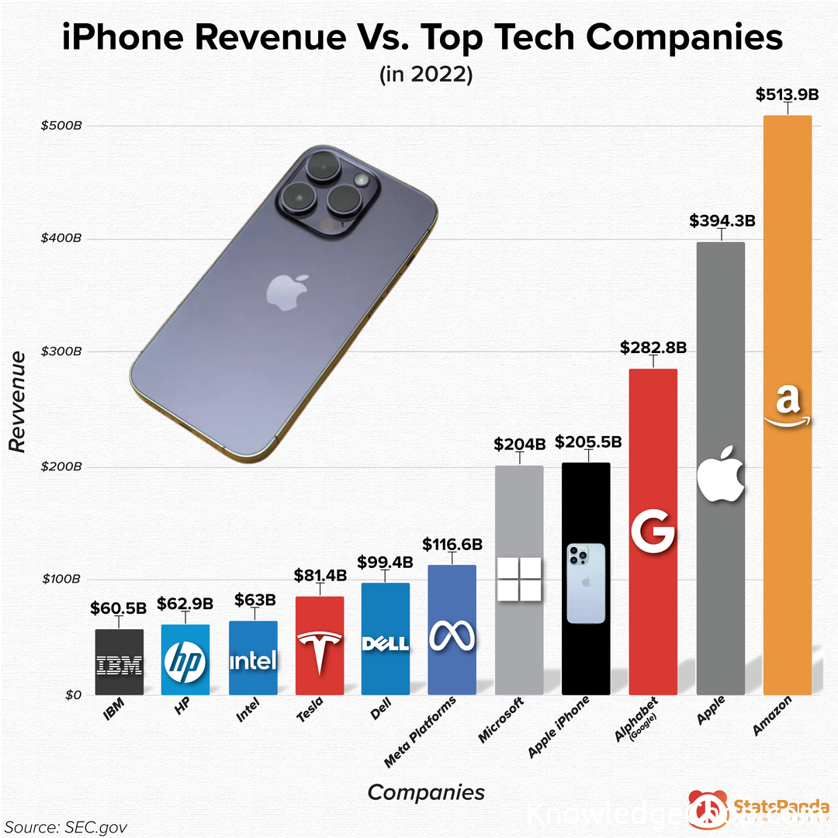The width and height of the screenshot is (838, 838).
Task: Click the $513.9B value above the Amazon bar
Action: [x=787, y=95]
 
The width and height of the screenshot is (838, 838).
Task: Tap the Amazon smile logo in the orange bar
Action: [x=787, y=407]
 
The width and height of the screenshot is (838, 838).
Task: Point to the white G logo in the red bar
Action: [x=653, y=532]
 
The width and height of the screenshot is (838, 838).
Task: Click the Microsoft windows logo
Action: [x=519, y=579]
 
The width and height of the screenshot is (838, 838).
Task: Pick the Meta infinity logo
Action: [x=452, y=636]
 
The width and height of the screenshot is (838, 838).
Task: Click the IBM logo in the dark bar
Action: [x=119, y=665]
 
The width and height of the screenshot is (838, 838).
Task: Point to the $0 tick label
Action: [x=72, y=694]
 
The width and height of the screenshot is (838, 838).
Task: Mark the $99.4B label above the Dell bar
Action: [x=385, y=562]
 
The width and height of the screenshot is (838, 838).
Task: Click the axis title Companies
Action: [x=426, y=792]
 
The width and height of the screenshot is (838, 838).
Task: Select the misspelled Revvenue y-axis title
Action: [x=17, y=400]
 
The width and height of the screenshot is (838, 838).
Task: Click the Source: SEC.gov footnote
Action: [x=65, y=826]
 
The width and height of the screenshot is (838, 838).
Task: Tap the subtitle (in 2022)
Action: [x=426, y=75]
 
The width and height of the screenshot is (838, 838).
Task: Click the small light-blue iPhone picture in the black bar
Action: [x=585, y=583]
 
